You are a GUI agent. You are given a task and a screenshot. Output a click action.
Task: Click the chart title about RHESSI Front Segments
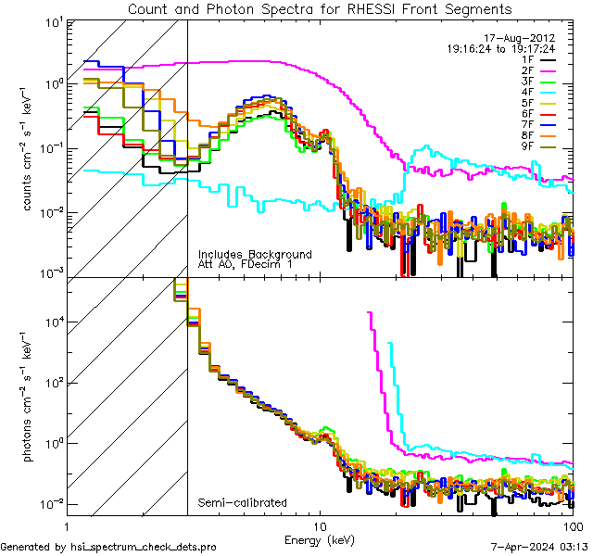coord(319,8)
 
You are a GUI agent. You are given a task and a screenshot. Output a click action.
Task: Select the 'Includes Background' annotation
coord(255,254)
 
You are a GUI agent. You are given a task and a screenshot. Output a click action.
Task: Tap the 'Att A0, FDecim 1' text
coord(246,265)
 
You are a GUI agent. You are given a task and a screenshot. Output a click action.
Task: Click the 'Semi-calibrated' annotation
coord(242,503)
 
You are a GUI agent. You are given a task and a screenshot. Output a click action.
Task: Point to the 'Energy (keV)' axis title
coord(319,538)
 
